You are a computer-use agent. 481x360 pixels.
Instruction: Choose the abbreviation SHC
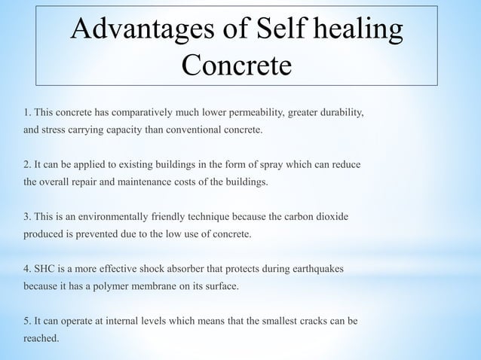click(46, 269)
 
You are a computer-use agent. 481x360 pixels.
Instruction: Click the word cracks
click(303, 321)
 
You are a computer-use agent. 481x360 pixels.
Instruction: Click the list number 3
click(27, 217)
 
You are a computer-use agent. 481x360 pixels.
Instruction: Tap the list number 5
click(27, 321)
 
